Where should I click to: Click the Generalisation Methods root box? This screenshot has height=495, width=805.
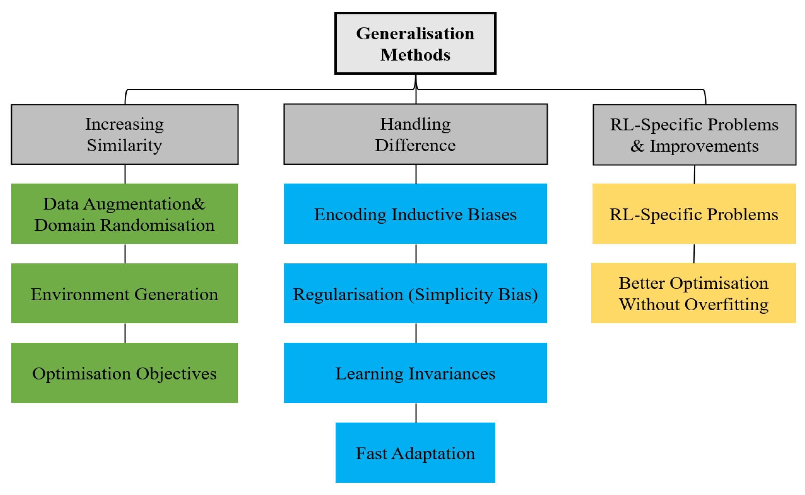click(x=415, y=44)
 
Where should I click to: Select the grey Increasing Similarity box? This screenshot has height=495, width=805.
click(x=125, y=135)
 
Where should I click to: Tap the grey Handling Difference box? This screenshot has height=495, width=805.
click(x=415, y=135)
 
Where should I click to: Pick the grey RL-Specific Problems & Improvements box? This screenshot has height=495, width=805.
click(x=694, y=135)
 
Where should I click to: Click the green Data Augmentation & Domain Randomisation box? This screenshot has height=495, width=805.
click(x=124, y=214)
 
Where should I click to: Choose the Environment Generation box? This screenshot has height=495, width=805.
click(x=124, y=294)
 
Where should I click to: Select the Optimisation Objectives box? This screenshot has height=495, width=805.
click(x=124, y=373)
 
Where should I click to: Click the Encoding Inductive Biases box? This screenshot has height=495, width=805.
click(x=415, y=214)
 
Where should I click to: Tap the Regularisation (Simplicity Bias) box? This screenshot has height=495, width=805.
click(x=415, y=294)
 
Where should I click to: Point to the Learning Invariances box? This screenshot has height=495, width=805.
click(x=415, y=373)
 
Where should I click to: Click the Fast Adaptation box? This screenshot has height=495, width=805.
click(x=415, y=453)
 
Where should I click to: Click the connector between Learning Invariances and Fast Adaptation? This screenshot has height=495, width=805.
click(x=416, y=413)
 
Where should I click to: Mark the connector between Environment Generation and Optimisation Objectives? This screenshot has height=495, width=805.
click(x=125, y=333)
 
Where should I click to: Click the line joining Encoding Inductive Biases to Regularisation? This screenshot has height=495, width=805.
click(x=416, y=254)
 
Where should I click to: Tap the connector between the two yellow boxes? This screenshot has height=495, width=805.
click(x=694, y=254)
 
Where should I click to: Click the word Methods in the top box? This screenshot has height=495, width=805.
click(x=415, y=55)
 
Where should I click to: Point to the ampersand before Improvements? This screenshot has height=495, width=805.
click(x=637, y=146)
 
